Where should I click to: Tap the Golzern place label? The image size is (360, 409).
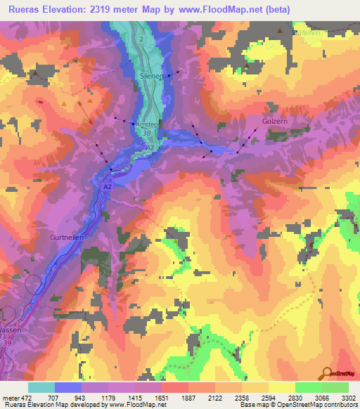pyautogui.click(x=276, y=120)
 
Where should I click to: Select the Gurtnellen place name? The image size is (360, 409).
pyautogui.click(x=69, y=238)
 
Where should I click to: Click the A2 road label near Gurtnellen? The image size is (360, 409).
pyautogui.click(x=108, y=188)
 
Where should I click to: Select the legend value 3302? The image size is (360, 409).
pyautogui.click(x=348, y=397)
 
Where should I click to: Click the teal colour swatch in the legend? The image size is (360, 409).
pyautogui.click(x=41, y=387)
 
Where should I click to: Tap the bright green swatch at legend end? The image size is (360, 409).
pyautogui.click(x=335, y=387)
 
